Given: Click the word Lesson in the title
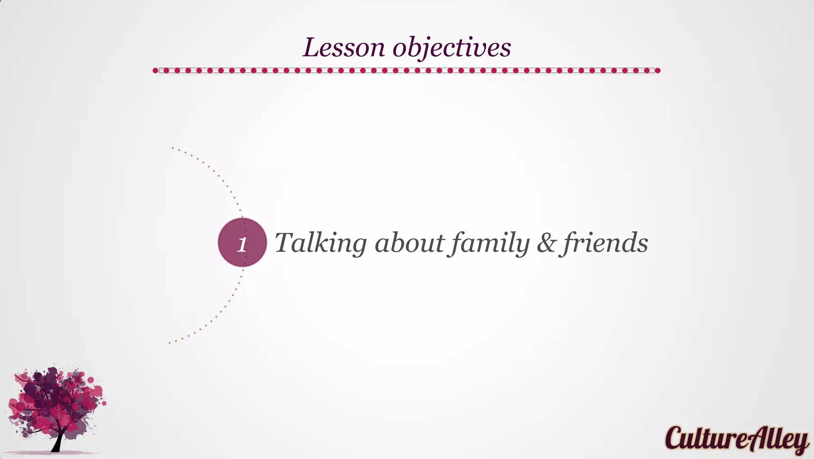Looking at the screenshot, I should coord(343,48).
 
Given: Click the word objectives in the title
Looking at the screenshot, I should coord(452,48).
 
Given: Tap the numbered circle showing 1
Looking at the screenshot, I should coord(242,242).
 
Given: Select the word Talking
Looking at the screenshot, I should coord(320,243).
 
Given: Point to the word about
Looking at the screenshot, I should coord(409,243).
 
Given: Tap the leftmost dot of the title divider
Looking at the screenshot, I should coord(155,70).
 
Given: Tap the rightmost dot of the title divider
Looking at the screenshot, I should coord(657,70).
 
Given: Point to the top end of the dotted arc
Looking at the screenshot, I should coord(172,148).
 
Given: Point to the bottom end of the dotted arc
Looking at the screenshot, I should coord(170,342).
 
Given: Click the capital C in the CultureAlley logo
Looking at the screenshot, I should coord(674,438).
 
